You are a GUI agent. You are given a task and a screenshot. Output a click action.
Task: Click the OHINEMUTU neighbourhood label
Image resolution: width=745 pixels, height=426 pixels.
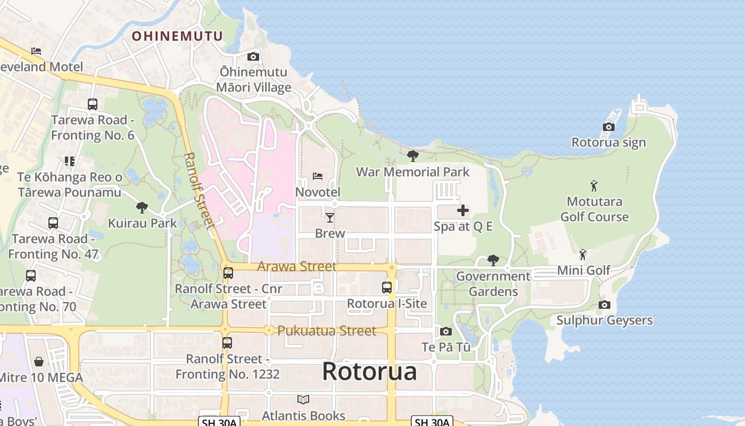click(x=177, y=36)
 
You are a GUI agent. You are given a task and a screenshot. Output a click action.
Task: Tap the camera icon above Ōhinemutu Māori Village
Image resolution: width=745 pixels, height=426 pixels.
click(x=253, y=56)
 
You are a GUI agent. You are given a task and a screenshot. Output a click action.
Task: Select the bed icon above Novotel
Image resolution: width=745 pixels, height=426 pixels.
click(x=318, y=176)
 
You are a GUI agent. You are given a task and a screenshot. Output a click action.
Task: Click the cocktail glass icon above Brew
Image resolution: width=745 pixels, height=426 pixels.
click(x=330, y=217)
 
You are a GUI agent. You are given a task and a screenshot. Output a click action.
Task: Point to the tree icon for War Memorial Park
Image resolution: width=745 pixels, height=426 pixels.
click(x=412, y=156)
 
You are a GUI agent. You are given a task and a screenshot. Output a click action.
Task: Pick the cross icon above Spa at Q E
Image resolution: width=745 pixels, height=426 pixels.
click(x=463, y=210)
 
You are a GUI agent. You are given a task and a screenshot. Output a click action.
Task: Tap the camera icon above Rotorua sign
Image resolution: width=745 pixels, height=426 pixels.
click(x=609, y=127)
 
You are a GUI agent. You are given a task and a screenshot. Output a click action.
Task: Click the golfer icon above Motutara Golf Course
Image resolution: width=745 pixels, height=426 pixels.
click(x=594, y=186)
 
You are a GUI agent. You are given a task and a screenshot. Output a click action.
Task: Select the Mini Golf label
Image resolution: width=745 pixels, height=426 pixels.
click(x=584, y=271)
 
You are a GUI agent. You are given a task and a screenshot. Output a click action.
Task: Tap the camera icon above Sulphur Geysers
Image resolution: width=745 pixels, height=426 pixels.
click(x=605, y=305)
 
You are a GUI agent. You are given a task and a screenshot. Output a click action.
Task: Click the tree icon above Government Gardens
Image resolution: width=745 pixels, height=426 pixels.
click(x=493, y=260)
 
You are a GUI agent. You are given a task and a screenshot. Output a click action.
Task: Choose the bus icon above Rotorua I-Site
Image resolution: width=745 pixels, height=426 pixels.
click(x=387, y=288)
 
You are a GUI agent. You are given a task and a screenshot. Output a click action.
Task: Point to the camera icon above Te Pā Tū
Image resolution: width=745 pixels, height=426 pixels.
click(x=446, y=332)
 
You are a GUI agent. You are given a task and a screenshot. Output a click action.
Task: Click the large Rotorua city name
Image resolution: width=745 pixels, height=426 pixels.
click(x=369, y=371)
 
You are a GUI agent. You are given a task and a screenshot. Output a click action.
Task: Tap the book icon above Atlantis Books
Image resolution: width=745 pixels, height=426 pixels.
click(x=303, y=399)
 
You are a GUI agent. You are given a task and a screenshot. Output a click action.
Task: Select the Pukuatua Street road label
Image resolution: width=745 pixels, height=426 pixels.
click(x=327, y=331)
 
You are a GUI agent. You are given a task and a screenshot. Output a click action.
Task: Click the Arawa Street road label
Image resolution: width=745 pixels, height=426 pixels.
click(x=296, y=266)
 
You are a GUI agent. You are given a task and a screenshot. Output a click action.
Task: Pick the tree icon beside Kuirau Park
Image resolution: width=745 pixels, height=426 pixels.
click(x=142, y=207)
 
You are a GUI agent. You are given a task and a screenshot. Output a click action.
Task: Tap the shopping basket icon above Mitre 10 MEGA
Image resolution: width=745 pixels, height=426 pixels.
click(x=39, y=362)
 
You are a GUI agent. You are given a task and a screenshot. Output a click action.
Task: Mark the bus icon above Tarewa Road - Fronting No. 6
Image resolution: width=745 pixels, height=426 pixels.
click(x=93, y=104)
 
